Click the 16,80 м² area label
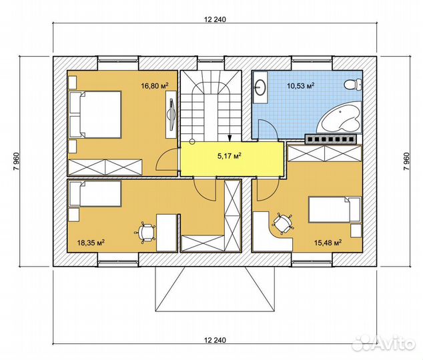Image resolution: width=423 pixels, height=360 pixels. point(155,86)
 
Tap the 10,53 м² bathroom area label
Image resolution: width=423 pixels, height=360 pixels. point(300,86)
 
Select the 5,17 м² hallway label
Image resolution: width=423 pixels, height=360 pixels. point(230,155)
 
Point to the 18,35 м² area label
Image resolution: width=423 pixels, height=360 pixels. point(91,243)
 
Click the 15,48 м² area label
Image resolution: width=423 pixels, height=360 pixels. point(328,243)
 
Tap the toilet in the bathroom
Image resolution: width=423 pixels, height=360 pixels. point(354,85)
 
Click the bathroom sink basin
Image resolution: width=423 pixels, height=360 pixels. point(261,87)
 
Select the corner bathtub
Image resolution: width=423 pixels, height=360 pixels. point(339,117)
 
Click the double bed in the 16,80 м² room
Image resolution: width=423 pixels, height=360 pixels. point(95,115)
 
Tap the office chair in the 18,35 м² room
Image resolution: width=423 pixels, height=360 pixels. point(145,233)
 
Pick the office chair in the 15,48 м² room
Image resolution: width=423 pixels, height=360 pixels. point(282,224)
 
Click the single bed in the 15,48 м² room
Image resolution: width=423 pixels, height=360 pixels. point(335,209)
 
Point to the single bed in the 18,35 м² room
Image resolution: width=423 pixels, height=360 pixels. point(95,193)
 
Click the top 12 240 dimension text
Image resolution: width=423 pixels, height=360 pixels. point(215,19)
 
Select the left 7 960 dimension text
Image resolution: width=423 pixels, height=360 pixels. point(16,161)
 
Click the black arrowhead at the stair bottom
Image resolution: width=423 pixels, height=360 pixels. point(230,138)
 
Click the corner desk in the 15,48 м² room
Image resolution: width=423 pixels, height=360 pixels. point(272,231)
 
